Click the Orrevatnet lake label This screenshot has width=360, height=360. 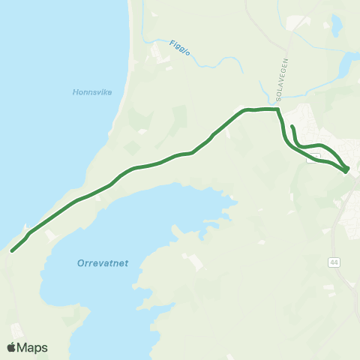(x=103, y=262)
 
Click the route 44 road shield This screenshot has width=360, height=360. (x=333, y=262)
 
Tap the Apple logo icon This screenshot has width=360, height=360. (x=12, y=347)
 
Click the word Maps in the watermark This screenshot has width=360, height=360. (x=32, y=347)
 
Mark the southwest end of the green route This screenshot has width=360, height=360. (x=13, y=251)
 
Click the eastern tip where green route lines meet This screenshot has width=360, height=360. (x=346, y=171)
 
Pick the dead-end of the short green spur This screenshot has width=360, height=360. (x=292, y=127)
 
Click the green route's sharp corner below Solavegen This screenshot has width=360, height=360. (x=278, y=110)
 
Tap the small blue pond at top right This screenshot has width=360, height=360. (x=336, y=25)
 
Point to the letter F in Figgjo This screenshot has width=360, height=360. (x=171, y=42)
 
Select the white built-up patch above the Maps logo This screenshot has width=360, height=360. (x=16, y=329)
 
